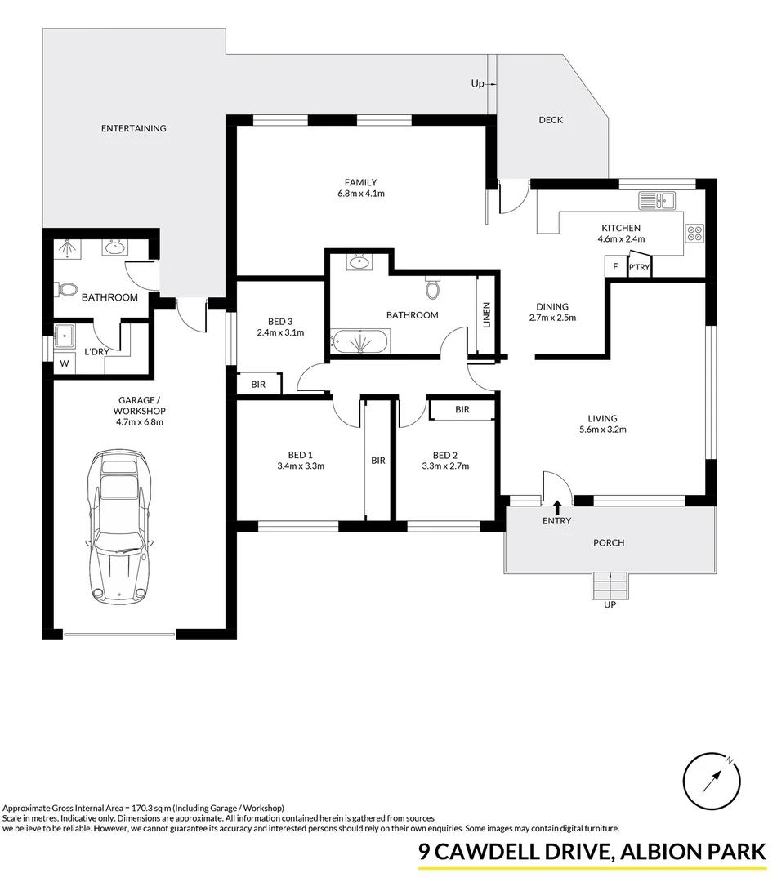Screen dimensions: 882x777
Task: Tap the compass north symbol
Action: tap(716, 780)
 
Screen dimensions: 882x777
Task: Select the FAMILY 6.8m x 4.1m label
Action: tap(360, 188)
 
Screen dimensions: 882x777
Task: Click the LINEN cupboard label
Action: tap(486, 316)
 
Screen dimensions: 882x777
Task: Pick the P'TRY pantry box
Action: tap(639, 268)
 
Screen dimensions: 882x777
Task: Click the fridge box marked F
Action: tap(614, 267)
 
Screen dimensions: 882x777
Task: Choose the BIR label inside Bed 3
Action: tap(258, 384)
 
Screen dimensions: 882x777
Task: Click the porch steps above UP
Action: tap(610, 585)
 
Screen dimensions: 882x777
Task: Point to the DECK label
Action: tap(551, 120)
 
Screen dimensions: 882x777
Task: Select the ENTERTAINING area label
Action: tap(133, 128)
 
